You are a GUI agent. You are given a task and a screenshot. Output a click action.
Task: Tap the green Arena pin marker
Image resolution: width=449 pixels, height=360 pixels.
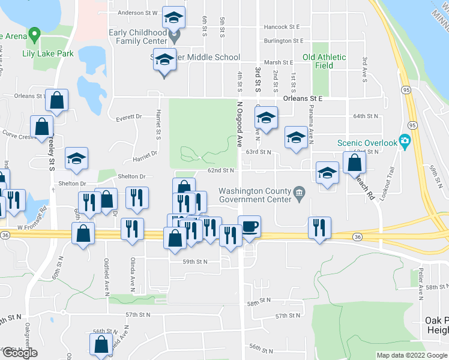tap(34, 35)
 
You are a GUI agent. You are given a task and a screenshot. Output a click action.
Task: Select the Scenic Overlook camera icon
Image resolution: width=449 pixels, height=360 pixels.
tap(405, 143)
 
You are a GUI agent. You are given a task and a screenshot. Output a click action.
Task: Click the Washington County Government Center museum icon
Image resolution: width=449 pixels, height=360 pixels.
tap(299, 192)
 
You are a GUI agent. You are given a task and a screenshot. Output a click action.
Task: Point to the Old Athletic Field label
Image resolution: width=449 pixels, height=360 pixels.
tap(325, 61)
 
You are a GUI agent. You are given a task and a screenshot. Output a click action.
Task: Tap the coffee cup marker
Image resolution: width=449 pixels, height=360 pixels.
tap(249, 227)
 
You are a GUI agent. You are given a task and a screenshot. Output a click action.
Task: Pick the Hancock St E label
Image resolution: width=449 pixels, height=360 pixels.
tap(281, 27)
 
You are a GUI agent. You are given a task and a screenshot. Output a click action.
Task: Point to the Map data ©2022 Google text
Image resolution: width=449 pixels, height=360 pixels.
tap(411, 355)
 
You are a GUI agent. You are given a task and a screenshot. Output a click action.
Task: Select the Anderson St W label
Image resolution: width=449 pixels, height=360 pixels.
tap(137, 13)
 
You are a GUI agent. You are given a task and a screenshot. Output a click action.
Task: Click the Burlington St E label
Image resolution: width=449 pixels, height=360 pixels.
tap(283, 41)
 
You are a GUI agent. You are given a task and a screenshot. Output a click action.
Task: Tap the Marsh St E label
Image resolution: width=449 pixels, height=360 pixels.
tap(277, 62)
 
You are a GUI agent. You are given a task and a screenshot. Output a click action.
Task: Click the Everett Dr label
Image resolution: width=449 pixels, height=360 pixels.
tap(129, 117)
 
